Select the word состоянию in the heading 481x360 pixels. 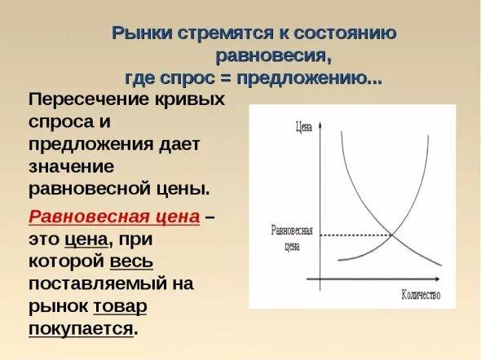click(x=348, y=33)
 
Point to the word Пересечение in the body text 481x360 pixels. click(x=86, y=100)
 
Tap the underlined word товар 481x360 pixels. click(x=120, y=306)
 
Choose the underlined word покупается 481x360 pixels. click(x=81, y=328)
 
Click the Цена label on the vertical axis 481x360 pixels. click(x=302, y=126)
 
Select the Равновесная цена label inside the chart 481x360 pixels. click(x=291, y=236)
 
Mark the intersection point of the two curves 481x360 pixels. click(x=393, y=235)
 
